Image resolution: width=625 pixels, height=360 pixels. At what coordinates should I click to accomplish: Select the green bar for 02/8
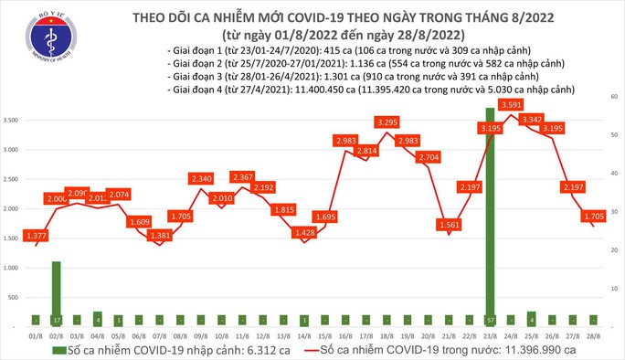(x=57, y=293)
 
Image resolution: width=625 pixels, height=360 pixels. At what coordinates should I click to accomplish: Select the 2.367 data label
(x=242, y=176)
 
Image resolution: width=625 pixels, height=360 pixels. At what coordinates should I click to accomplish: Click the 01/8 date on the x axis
(x=35, y=335)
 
